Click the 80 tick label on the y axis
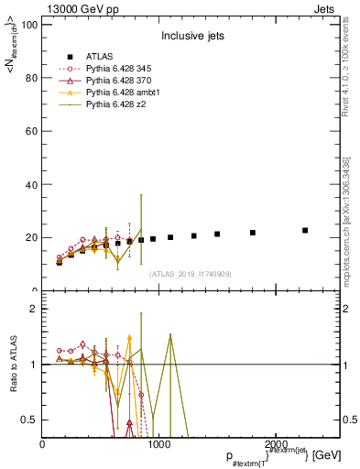[x=32, y=78]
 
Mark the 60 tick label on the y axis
[x=32, y=131]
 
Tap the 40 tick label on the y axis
[x=32, y=184]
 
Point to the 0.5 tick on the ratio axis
[x=30, y=420]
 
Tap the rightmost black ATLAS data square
[x=305, y=230]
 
